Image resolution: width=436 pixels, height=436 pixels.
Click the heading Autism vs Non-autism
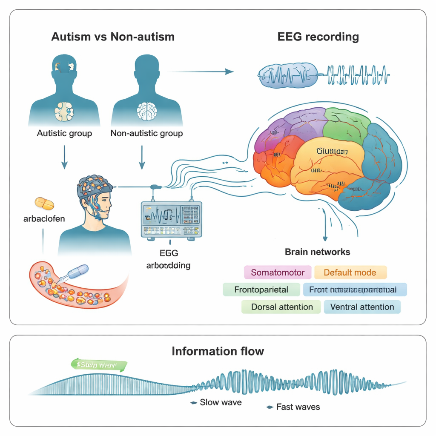113,37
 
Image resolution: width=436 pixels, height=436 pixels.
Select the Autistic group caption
64,133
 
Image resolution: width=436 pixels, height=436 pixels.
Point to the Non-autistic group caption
146,133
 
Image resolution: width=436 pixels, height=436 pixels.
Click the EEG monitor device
171,219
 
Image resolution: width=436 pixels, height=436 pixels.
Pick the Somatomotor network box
278,272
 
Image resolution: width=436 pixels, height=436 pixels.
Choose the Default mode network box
350,272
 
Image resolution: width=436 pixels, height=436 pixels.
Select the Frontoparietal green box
261,290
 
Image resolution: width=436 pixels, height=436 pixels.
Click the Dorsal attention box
281,307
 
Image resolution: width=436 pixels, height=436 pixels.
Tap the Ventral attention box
362,307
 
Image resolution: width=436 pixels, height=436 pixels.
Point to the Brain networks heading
317,252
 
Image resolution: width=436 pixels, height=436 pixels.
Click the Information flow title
218,351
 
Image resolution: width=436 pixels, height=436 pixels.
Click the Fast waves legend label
298,407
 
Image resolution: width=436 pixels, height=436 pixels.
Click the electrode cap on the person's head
95,184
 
